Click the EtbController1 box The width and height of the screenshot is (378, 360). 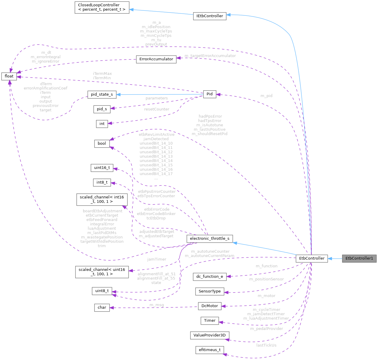tap(359, 258)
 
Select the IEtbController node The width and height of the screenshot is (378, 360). tap(210, 16)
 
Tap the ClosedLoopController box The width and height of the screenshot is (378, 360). tap(102, 7)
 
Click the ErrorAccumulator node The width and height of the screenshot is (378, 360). tap(156, 59)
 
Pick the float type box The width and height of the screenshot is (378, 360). tap(9, 76)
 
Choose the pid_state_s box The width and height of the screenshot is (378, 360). tap(102, 94)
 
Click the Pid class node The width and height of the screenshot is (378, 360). tap(210, 94)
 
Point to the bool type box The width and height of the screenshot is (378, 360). tap(102, 143)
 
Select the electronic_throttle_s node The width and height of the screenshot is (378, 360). tap(210, 239)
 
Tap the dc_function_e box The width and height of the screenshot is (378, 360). tap(210, 277)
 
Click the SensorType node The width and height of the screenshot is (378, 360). tap(210, 291)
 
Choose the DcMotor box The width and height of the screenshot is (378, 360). tap(210, 306)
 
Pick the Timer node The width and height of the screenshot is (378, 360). tap(210, 320)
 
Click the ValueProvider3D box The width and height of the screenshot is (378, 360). tap(210, 335)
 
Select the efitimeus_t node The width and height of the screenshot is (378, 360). tap(210, 350)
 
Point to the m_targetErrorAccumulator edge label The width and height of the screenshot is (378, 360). tap(210, 56)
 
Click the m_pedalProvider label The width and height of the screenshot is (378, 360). tap(267, 329)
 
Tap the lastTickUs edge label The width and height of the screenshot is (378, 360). tap(266, 345)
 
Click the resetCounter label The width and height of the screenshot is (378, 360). tap(157, 109)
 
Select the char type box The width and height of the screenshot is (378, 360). tap(102, 307)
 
